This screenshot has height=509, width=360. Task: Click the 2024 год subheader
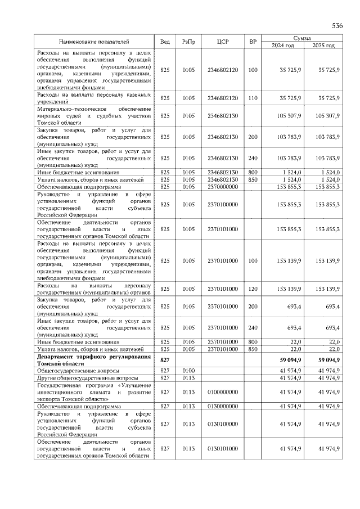(283, 46)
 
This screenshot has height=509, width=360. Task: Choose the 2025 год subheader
(323, 46)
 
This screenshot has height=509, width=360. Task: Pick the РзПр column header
(188, 42)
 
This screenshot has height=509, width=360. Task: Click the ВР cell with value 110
(253, 98)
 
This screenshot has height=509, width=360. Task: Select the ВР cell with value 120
(253, 289)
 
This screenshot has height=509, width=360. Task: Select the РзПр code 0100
(188, 371)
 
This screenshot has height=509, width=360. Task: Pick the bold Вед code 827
(165, 360)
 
